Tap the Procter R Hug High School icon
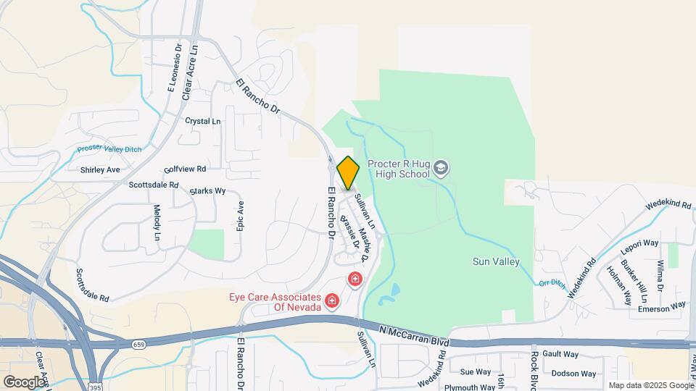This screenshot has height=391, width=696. click(x=441, y=169)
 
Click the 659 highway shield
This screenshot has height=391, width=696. click(x=138, y=344)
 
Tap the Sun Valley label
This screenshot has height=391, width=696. click(x=496, y=261)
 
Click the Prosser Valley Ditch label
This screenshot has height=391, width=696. click(x=109, y=150)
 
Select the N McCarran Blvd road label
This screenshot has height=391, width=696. click(x=414, y=335)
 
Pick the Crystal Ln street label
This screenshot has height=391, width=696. click(x=202, y=121)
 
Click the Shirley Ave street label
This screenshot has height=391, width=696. click(x=100, y=169)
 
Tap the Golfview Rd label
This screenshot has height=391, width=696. click(x=186, y=169)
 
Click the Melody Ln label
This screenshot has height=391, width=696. click(x=157, y=222)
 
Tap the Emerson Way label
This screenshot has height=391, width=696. click(x=661, y=307)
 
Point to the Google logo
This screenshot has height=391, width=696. click(x=24, y=382)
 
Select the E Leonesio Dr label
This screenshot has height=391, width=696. click(x=174, y=66)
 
